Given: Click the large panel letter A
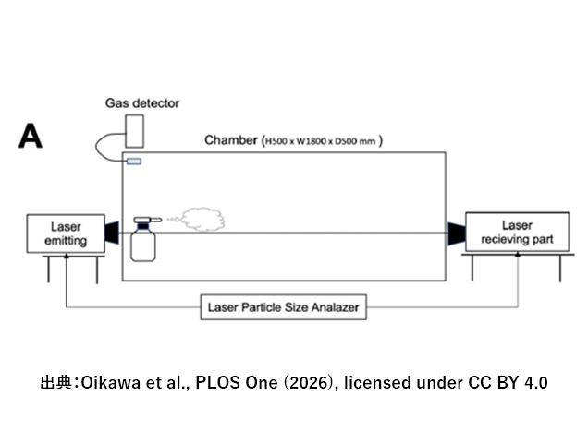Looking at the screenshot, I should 31,137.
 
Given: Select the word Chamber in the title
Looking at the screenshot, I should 231,140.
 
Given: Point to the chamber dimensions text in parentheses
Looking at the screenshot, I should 322,141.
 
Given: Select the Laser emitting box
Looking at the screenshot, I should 64,233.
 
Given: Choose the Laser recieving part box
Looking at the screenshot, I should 516,233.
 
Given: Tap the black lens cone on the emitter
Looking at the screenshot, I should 112,233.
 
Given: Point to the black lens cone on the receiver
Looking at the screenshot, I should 455,233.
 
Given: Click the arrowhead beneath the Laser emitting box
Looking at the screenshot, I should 66,257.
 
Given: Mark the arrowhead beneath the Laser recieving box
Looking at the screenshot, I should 517,257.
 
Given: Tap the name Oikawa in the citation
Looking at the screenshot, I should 110,381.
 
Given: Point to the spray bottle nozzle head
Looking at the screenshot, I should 146,221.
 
